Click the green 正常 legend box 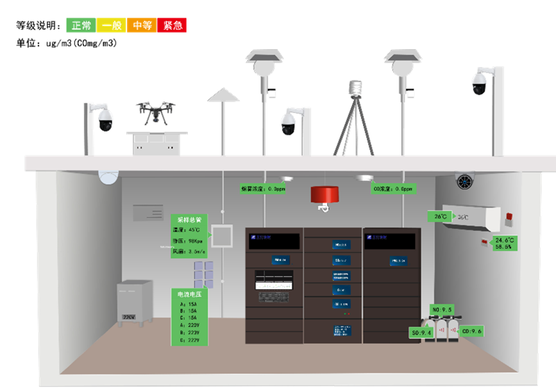click(81, 25)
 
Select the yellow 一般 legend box click(112, 25)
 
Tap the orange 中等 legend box click(142, 25)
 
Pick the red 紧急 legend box click(172, 25)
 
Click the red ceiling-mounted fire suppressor click(324, 194)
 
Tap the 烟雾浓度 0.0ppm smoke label click(263, 189)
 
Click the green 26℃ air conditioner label click(441, 217)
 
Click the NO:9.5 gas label click(442, 310)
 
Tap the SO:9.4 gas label click(422, 333)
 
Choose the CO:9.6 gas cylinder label click(472, 331)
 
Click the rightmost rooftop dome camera click(480, 82)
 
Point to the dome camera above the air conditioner click(466, 181)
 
